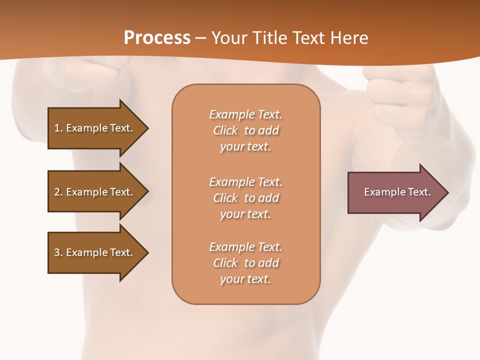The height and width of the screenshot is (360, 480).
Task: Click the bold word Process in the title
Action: click(157, 38)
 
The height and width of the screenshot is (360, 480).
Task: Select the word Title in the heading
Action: click(271, 38)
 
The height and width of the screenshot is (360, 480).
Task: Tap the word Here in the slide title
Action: click(349, 38)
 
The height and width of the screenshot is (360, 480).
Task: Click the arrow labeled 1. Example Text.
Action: click(95, 128)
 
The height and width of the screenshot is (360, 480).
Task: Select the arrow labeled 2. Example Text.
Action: click(95, 192)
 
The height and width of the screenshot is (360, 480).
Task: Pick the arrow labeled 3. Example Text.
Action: click(95, 252)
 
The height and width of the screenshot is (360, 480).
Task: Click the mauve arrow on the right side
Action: click(395, 192)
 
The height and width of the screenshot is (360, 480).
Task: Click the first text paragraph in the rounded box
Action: click(245, 130)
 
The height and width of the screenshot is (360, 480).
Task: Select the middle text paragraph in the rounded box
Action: click(245, 198)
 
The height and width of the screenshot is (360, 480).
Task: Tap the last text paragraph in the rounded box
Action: click(245, 263)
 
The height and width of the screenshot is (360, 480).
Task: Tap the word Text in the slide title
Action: click(309, 38)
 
